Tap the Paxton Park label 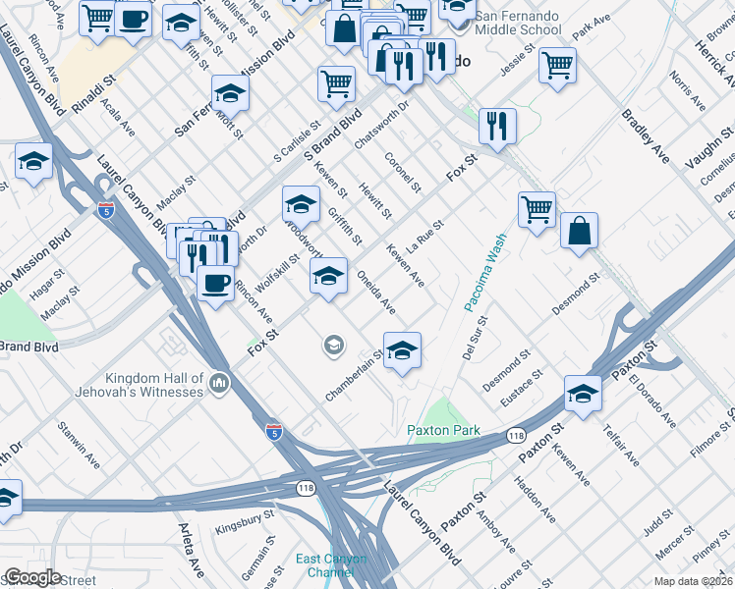443,431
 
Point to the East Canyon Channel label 333,565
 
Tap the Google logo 32,577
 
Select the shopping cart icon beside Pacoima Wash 537,208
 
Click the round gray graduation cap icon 334,346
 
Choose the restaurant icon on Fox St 497,125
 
